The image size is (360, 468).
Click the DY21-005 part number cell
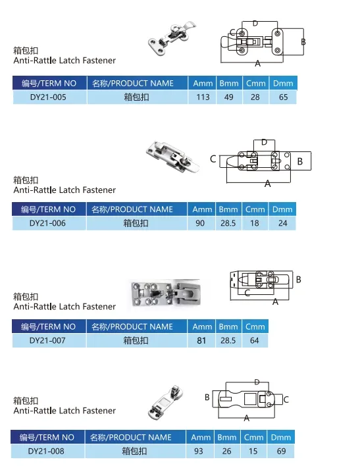49,97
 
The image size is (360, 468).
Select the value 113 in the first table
203,97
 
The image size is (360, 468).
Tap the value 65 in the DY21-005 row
283,97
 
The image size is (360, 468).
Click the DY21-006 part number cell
48,223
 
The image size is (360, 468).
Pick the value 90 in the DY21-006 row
201,223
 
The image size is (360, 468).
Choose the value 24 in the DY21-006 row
282,223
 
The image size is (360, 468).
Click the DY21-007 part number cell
48,340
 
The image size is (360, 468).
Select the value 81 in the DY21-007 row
201,340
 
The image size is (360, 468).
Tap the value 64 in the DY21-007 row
255,340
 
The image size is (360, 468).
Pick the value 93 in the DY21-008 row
200,452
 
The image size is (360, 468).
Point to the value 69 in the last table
281,452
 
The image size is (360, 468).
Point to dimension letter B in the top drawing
303,42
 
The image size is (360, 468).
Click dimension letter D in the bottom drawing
257,382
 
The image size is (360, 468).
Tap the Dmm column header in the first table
283,83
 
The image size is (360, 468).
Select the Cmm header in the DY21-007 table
255,326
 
